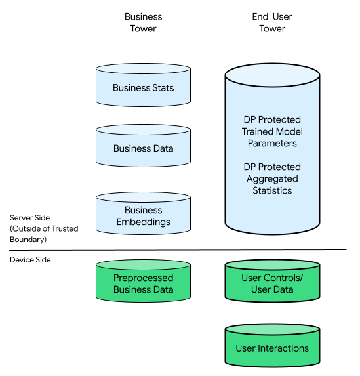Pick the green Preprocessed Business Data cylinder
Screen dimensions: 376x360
coord(143,282)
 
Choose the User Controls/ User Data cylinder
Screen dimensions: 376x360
coord(272,282)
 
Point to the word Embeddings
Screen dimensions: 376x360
coord(144,222)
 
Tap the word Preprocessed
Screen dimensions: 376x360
coord(144,278)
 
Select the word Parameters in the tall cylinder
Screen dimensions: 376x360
coord(272,143)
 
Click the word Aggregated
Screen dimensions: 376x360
coord(272,178)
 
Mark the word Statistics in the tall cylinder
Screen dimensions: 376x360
coord(272,190)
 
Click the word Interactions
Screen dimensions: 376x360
coord(283,348)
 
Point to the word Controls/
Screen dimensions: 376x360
coord(283,278)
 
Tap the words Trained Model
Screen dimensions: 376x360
coord(272,131)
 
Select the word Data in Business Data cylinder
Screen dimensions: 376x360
coord(163,148)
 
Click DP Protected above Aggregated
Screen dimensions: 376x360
coord(272,167)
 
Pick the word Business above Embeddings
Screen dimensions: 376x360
coord(144,210)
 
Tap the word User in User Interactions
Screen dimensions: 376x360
coord(246,348)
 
